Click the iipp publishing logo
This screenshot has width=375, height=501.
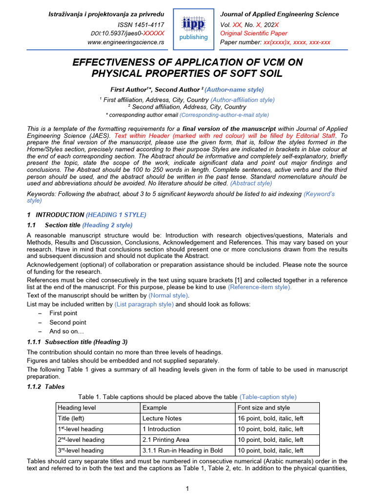click(x=194, y=28)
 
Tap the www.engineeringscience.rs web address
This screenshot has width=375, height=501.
click(x=125, y=43)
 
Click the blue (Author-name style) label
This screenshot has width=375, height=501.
click(x=234, y=90)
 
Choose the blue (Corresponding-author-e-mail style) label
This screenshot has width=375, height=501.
click(x=224, y=115)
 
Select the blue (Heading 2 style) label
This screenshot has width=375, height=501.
click(x=107, y=225)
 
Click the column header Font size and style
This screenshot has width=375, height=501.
click(x=263, y=408)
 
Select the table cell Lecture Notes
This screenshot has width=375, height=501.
click(x=162, y=418)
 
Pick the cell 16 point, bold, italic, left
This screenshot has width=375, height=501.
click(x=270, y=418)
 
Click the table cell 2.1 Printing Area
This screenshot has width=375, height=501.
click(x=166, y=440)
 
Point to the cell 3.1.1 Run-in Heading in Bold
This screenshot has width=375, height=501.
click(x=182, y=451)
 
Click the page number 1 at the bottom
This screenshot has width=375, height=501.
click(x=187, y=488)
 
